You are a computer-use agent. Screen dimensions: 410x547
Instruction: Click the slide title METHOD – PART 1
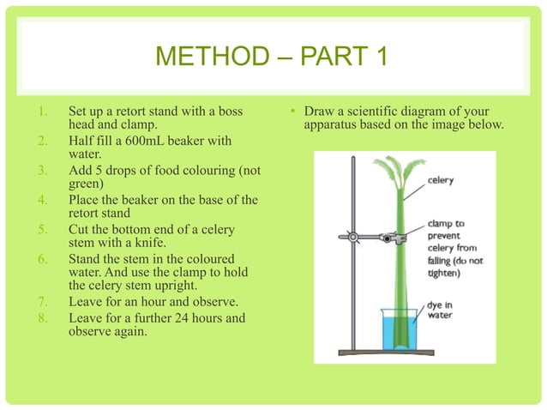273,59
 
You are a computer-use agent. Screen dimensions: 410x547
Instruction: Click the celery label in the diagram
441,182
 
